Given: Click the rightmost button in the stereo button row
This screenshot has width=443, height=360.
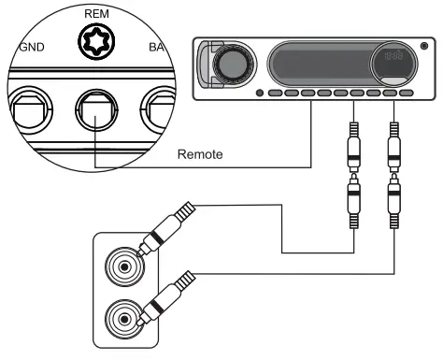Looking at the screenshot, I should pyautogui.click(x=406, y=94).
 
